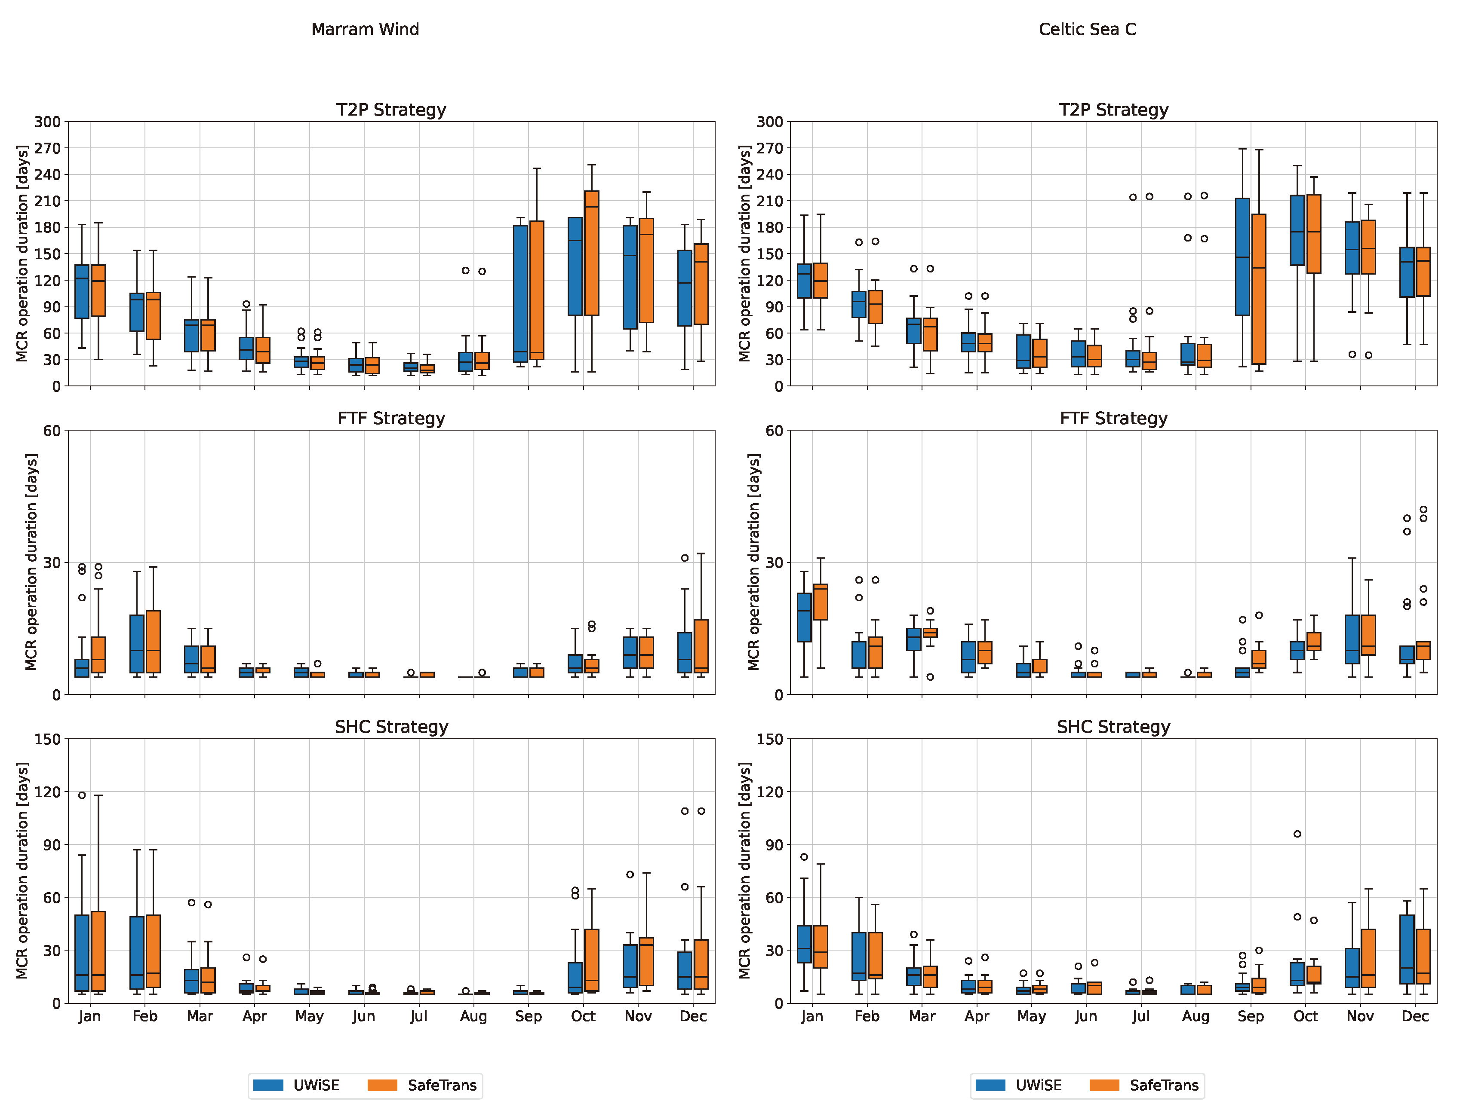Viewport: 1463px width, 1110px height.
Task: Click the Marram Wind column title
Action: coord(365,29)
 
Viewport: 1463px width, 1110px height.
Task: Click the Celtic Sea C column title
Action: coord(1087,29)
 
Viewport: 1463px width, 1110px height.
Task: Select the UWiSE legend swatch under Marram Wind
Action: coord(268,1085)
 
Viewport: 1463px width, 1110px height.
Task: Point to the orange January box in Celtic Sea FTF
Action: coord(820,602)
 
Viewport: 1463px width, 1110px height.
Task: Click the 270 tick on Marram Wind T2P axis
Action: coord(48,148)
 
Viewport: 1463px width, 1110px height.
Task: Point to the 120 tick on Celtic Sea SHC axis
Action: coord(770,791)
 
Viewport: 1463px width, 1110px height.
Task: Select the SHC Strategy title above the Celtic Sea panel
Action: coord(1113,727)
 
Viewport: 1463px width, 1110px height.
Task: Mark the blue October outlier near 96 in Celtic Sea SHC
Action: coord(1297,834)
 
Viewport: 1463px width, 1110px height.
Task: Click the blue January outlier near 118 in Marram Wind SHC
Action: coord(82,795)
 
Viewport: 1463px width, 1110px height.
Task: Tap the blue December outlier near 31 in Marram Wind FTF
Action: coord(685,558)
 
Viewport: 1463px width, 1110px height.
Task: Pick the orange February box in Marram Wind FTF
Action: coord(153,641)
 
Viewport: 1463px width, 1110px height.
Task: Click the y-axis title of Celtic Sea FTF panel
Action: coord(754,562)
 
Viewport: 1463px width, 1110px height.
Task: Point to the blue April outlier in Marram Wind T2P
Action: coord(246,304)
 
